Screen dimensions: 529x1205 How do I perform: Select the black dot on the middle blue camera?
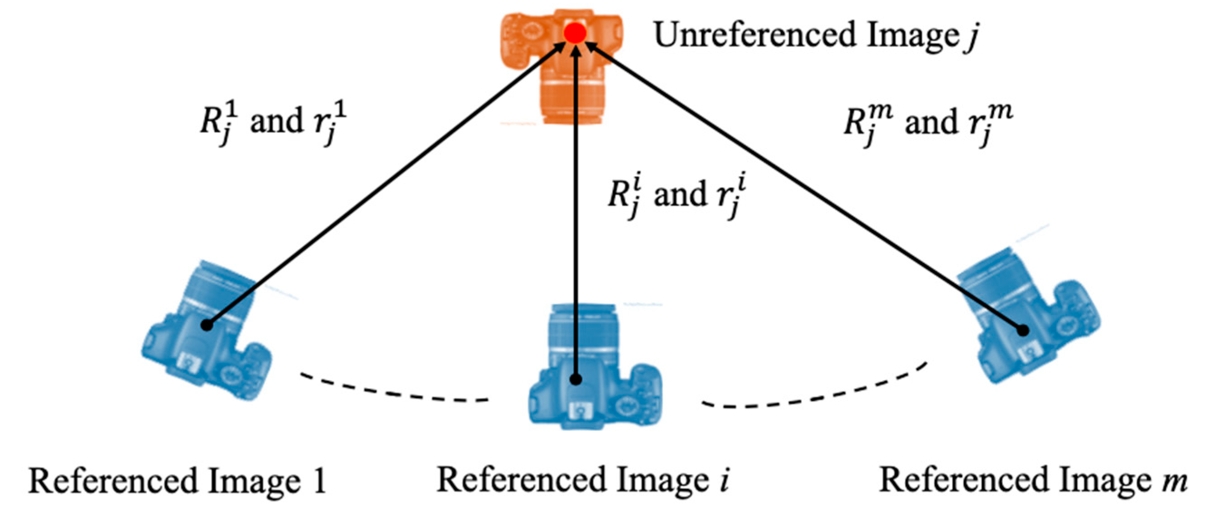576,380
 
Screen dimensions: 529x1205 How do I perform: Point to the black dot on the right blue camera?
1023,330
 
